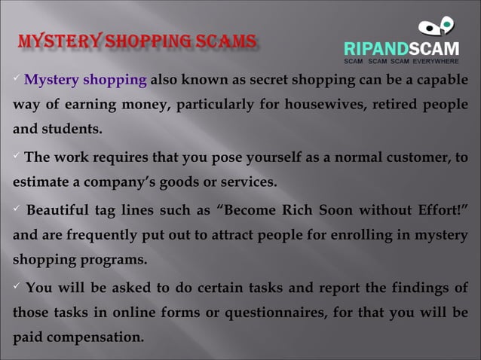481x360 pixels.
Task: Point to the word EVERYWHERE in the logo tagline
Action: click(440, 59)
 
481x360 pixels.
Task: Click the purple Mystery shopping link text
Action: click(86, 81)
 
